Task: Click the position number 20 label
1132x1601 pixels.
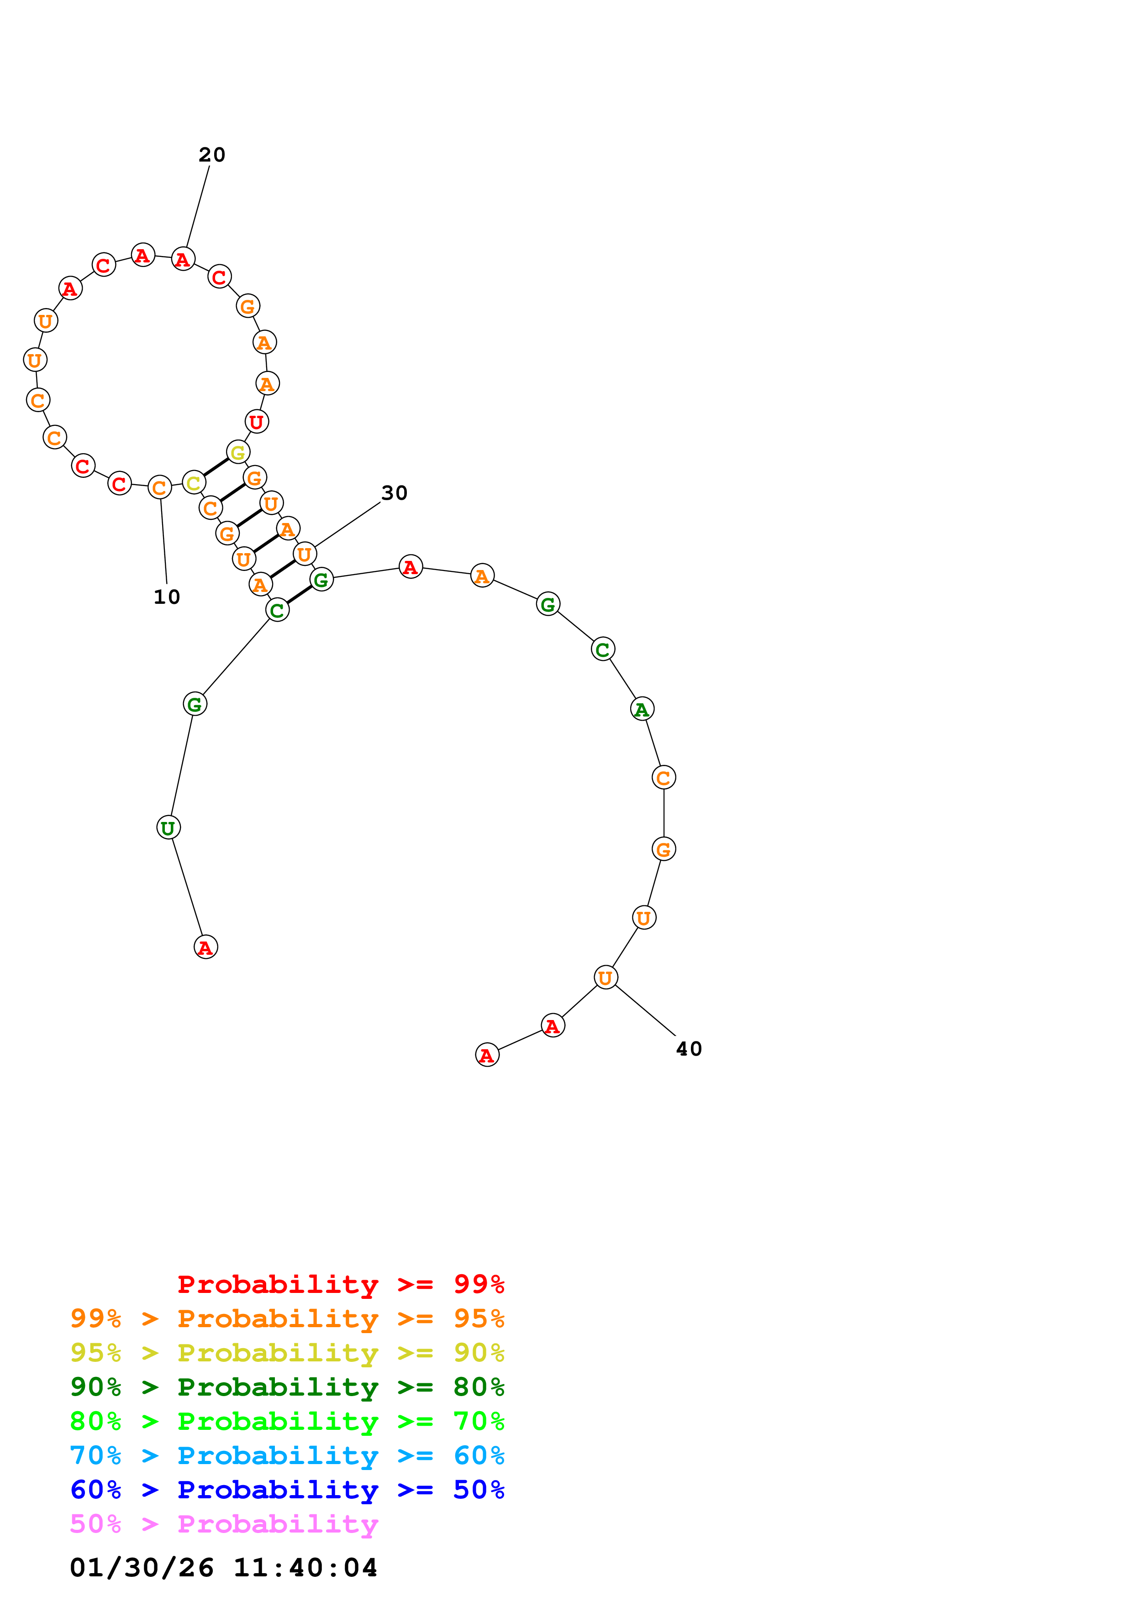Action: pos(211,155)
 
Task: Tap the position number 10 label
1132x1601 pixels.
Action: pos(167,597)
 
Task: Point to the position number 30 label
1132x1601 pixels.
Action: pos(394,493)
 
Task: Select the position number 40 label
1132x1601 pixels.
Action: pos(689,1049)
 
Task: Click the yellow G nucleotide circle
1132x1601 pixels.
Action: pos(238,453)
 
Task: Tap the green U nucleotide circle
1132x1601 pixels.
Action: pos(168,828)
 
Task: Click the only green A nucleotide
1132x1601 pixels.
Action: pos(642,709)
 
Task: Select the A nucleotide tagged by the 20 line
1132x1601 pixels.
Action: pos(183,259)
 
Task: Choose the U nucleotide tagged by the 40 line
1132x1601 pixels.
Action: pos(605,978)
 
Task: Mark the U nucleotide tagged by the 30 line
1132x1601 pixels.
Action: pos(305,555)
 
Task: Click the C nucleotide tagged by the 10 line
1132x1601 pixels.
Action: pos(160,487)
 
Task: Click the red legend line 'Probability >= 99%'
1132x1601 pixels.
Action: pos(340,1284)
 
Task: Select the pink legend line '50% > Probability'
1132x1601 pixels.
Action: pos(224,1524)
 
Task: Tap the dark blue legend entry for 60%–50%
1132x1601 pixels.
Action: pos(287,1490)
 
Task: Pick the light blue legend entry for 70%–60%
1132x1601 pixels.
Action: pos(287,1456)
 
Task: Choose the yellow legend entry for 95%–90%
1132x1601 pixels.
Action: pos(287,1353)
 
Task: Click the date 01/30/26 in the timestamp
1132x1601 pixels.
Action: pos(142,1568)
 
